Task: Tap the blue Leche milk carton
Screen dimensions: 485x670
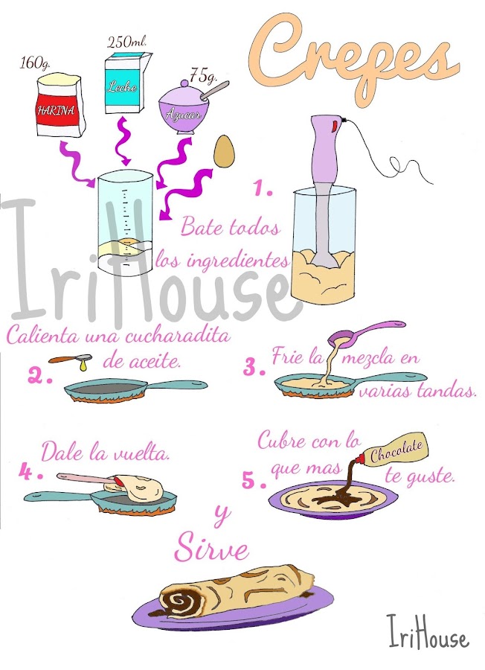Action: (x=126, y=83)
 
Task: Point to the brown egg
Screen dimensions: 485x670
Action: (x=224, y=152)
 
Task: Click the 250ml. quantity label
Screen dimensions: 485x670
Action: (x=127, y=42)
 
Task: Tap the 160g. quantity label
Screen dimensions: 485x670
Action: (x=34, y=64)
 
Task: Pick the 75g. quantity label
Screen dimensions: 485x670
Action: (x=203, y=76)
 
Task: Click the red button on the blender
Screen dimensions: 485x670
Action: (x=334, y=125)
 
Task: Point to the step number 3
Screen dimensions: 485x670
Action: (x=254, y=368)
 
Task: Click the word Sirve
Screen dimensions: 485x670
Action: (x=211, y=548)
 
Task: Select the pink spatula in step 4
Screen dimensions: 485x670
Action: (x=91, y=480)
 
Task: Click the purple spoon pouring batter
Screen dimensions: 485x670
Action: (x=366, y=332)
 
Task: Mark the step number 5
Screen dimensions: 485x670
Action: (x=254, y=481)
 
